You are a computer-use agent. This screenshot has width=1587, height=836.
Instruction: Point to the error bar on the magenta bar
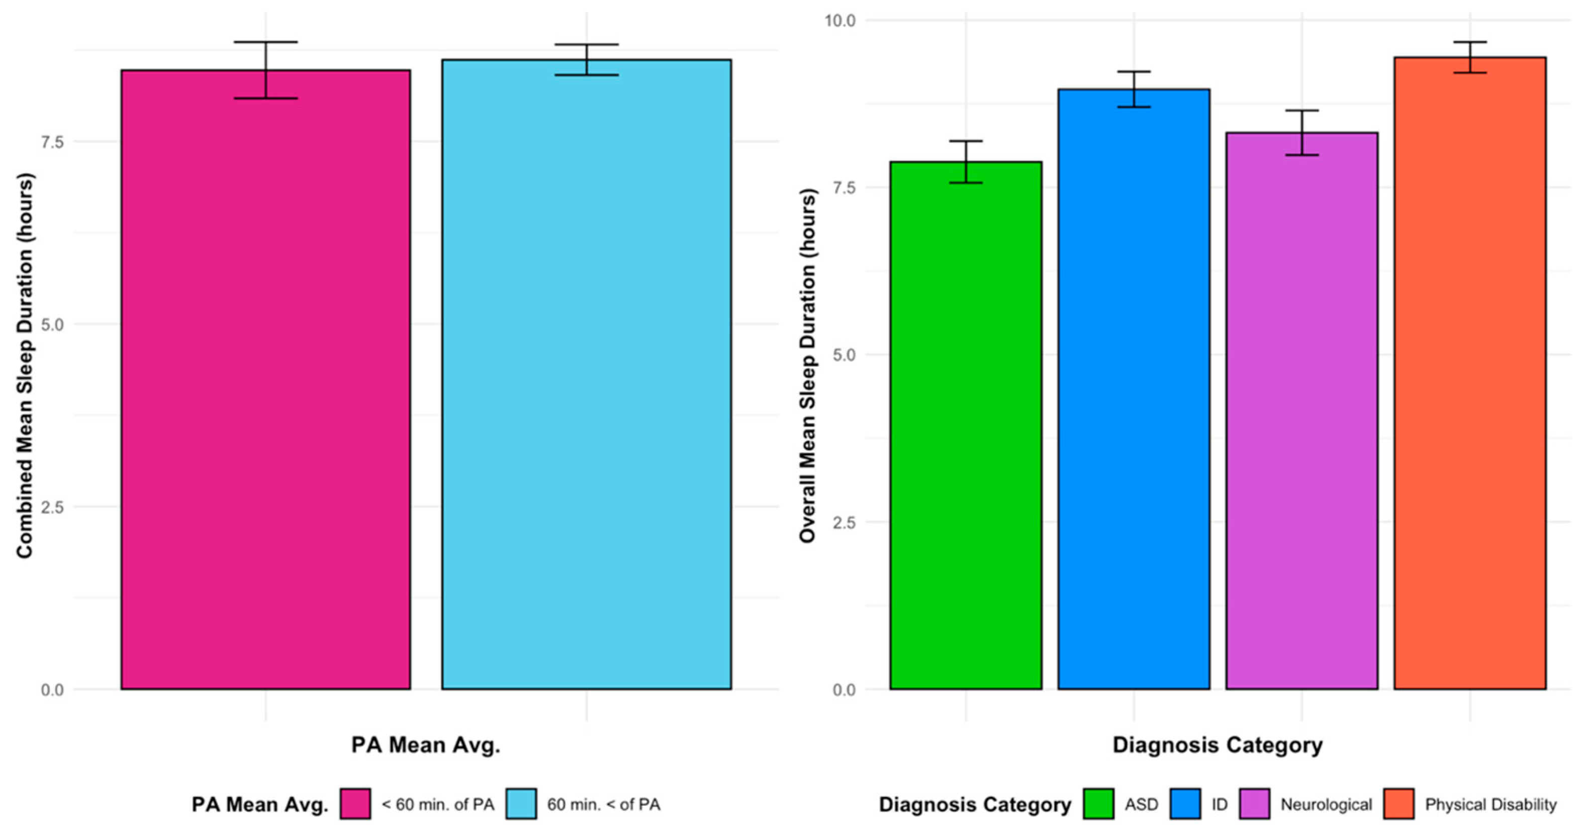[x=266, y=69]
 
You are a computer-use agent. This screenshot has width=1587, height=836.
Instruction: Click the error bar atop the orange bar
[x=1470, y=57]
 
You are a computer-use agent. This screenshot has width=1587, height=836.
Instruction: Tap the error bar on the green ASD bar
[x=965, y=161]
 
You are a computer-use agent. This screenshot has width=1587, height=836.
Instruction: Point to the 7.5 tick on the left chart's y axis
[x=52, y=142]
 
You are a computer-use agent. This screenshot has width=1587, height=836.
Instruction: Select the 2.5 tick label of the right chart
[x=844, y=522]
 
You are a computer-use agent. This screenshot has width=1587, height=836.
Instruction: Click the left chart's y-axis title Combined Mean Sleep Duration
[x=25, y=366]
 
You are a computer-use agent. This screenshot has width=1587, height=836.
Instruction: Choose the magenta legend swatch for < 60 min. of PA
[x=355, y=804]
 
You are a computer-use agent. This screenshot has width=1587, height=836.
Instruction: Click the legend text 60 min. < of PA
[x=603, y=804]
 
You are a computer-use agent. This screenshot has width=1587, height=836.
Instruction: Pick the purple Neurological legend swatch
[x=1254, y=804]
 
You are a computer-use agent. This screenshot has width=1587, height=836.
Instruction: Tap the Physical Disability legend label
[x=1490, y=804]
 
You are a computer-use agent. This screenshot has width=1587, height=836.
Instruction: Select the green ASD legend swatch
[x=1098, y=804]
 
